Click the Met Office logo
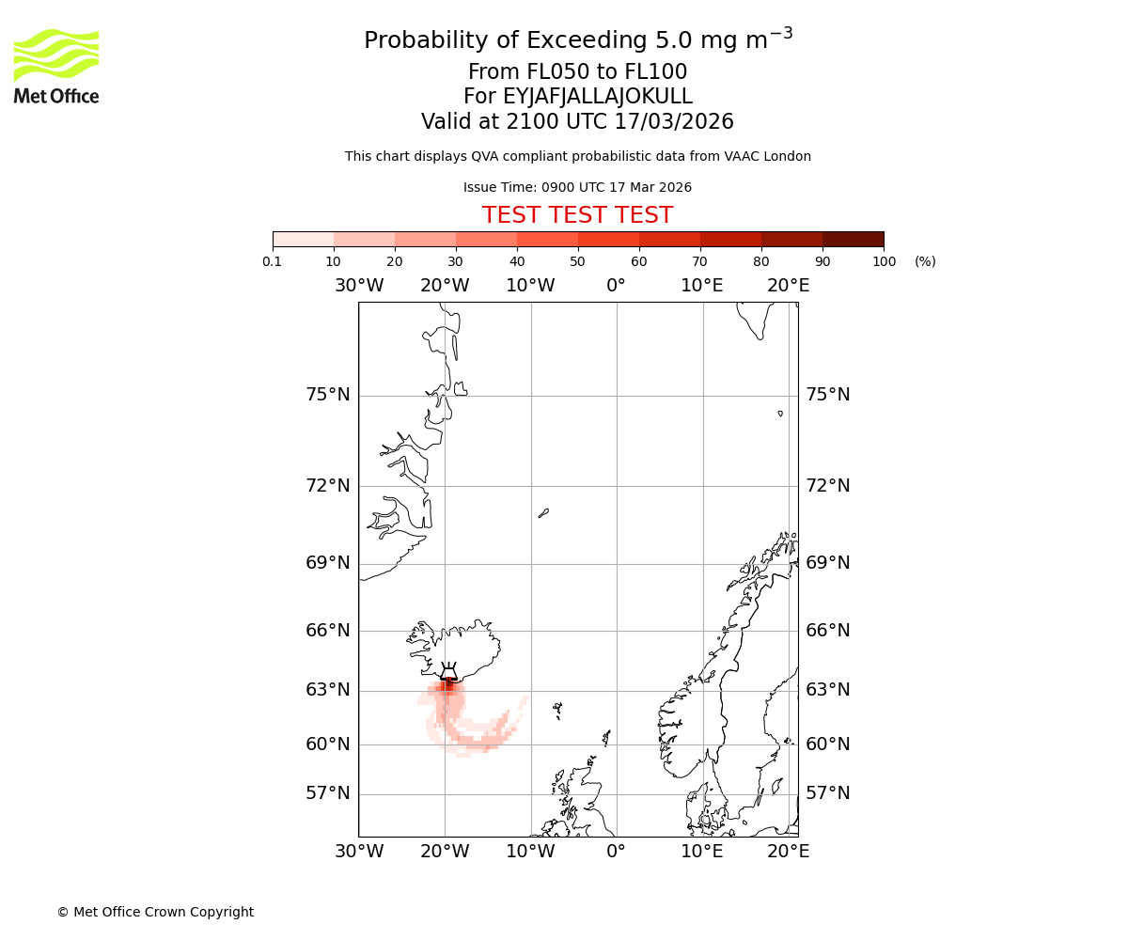coord(56,66)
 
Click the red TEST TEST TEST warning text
coord(577,215)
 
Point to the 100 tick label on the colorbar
coord(884,261)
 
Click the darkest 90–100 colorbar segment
coord(853,239)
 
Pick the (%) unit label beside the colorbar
coord(925,261)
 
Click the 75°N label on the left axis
coord(327,395)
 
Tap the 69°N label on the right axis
coord(827,563)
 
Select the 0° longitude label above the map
coord(616,286)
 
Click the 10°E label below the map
coord(701,852)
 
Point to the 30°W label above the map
coord(358,286)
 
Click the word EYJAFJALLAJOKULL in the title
coord(597,97)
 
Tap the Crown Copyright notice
coord(155,912)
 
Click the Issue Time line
coord(577,187)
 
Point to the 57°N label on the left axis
coord(327,793)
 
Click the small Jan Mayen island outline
coord(543,513)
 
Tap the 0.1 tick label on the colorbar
coord(273,261)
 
